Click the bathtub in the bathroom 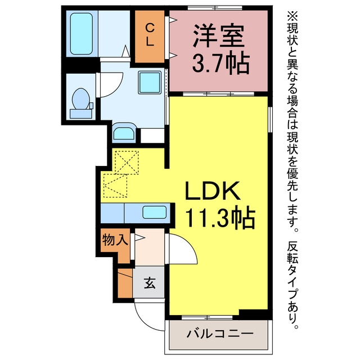(x=82, y=34)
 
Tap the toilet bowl (x=80, y=99)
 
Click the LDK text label (x=213, y=190)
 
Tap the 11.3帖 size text (x=220, y=217)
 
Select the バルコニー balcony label (x=220, y=333)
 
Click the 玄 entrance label (x=150, y=282)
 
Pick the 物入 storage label (x=115, y=240)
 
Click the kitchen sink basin (x=154, y=212)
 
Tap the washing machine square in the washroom (x=150, y=83)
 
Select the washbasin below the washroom (x=124, y=133)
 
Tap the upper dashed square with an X (x=127, y=163)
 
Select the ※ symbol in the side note (x=292, y=16)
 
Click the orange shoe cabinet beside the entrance (x=125, y=283)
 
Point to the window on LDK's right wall (x=270, y=119)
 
